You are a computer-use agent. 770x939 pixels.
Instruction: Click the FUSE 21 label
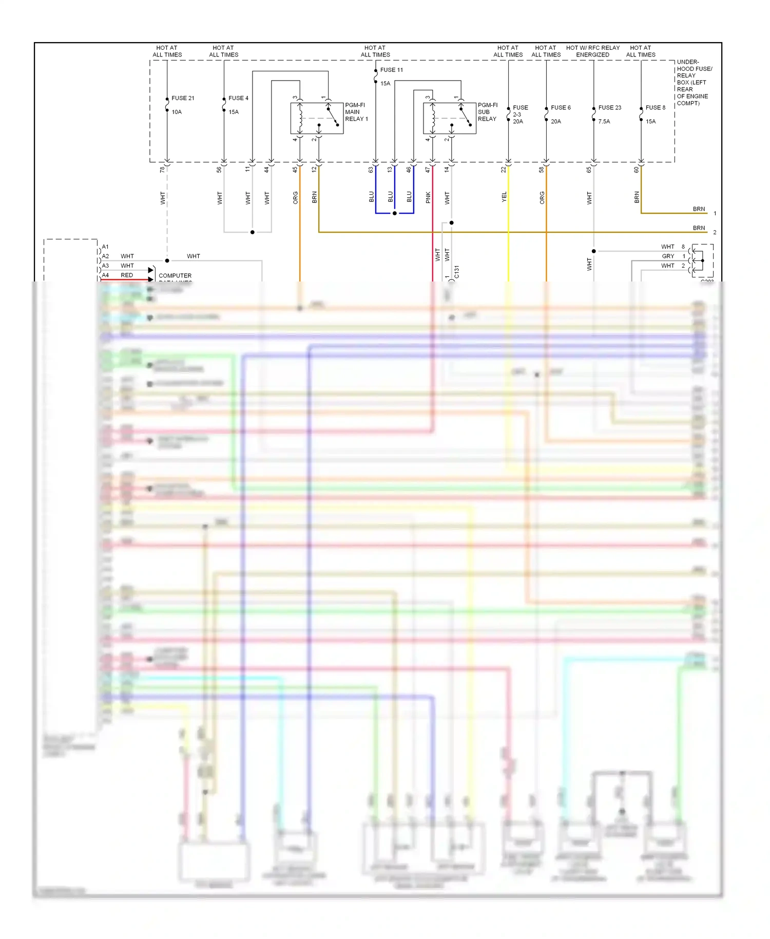point(183,98)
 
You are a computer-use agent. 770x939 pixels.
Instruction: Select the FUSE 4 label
point(238,98)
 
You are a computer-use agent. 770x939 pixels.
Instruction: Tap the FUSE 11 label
point(391,70)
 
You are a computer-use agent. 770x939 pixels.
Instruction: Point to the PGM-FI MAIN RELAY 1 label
point(356,112)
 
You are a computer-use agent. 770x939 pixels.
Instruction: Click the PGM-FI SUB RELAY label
point(487,112)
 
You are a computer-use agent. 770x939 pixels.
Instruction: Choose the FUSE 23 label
point(609,108)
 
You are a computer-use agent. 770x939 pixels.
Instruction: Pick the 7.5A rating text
point(604,122)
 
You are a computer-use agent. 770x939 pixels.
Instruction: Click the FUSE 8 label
point(655,108)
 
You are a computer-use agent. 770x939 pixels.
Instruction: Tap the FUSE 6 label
point(561,108)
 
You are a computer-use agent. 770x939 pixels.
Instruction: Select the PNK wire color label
point(428,198)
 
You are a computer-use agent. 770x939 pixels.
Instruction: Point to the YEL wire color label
point(504,197)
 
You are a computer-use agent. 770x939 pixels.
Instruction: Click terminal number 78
point(162,170)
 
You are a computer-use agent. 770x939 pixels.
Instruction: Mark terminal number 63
point(371,170)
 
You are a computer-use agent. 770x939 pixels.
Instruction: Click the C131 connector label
point(457,272)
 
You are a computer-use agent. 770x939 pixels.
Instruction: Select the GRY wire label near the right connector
point(667,256)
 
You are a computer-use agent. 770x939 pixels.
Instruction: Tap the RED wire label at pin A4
point(127,275)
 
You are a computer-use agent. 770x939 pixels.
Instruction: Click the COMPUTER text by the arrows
point(175,276)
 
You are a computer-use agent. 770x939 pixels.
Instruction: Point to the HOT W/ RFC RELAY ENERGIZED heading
point(592,51)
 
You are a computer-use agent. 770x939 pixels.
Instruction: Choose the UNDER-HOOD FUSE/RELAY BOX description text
point(694,83)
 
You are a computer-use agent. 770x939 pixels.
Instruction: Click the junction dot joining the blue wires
point(394,213)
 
